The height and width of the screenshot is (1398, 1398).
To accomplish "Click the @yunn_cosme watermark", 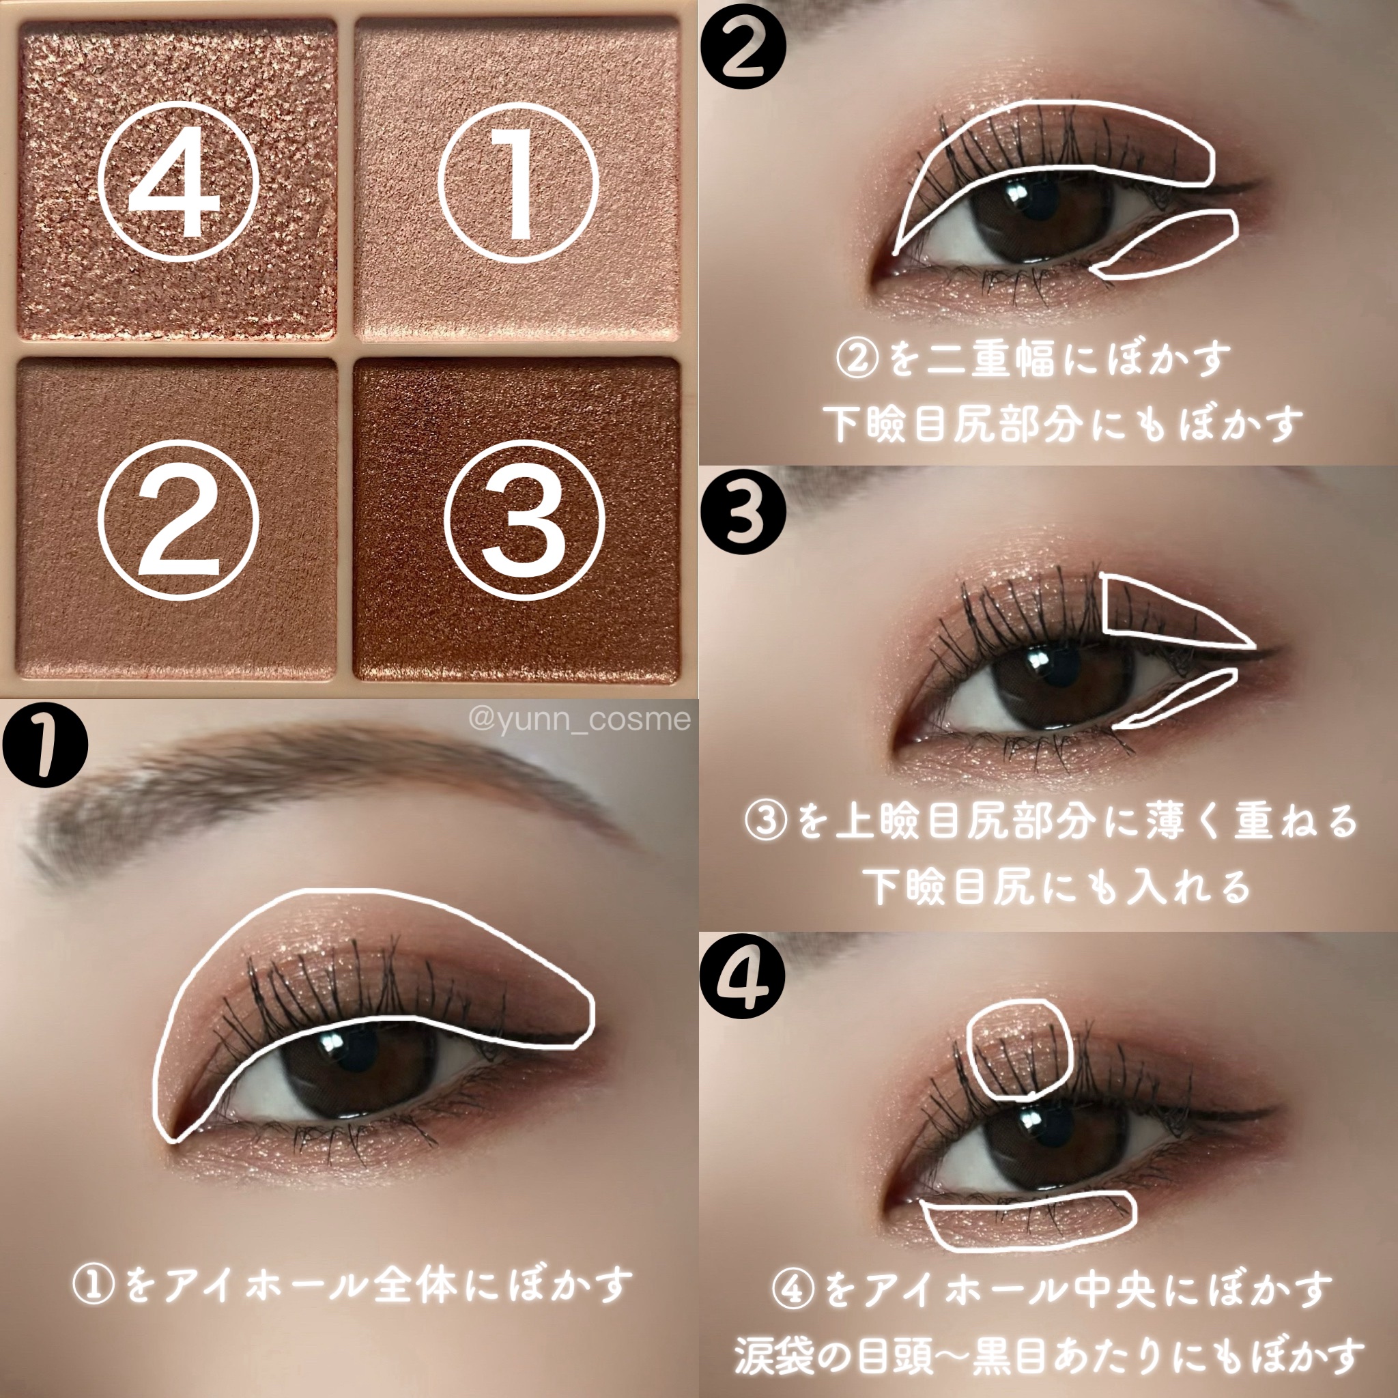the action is tap(579, 719).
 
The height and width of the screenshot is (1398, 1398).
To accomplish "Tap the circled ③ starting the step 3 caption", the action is tap(767, 821).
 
